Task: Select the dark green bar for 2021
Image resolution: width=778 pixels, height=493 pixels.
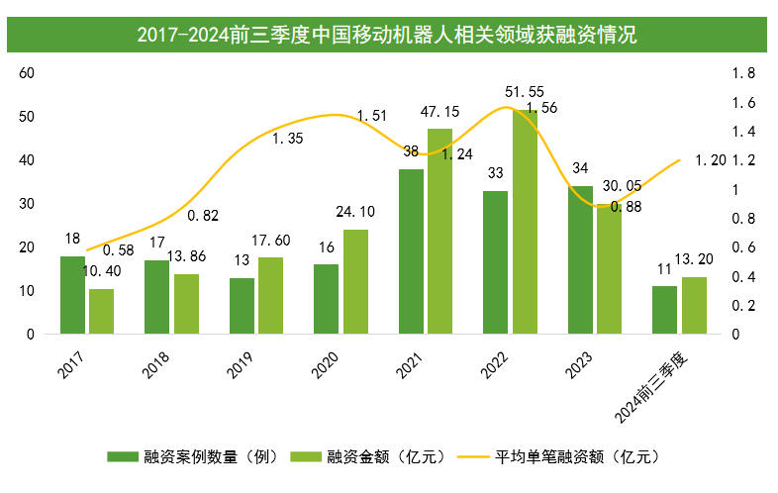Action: pos(411,251)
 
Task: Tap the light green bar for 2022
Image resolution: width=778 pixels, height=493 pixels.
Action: pos(525,222)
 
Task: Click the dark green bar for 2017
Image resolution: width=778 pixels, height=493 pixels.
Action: pos(72,295)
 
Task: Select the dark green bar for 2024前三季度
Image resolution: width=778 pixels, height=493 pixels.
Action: pos(664,310)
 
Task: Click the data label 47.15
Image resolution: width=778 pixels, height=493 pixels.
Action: pos(440,111)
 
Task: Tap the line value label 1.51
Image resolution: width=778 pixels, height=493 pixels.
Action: pos(372,116)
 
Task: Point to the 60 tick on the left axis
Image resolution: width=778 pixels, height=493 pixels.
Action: pos(27,73)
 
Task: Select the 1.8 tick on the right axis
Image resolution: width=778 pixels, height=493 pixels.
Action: pos(742,73)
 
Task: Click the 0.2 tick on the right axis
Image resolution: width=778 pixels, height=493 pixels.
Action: pos(742,306)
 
